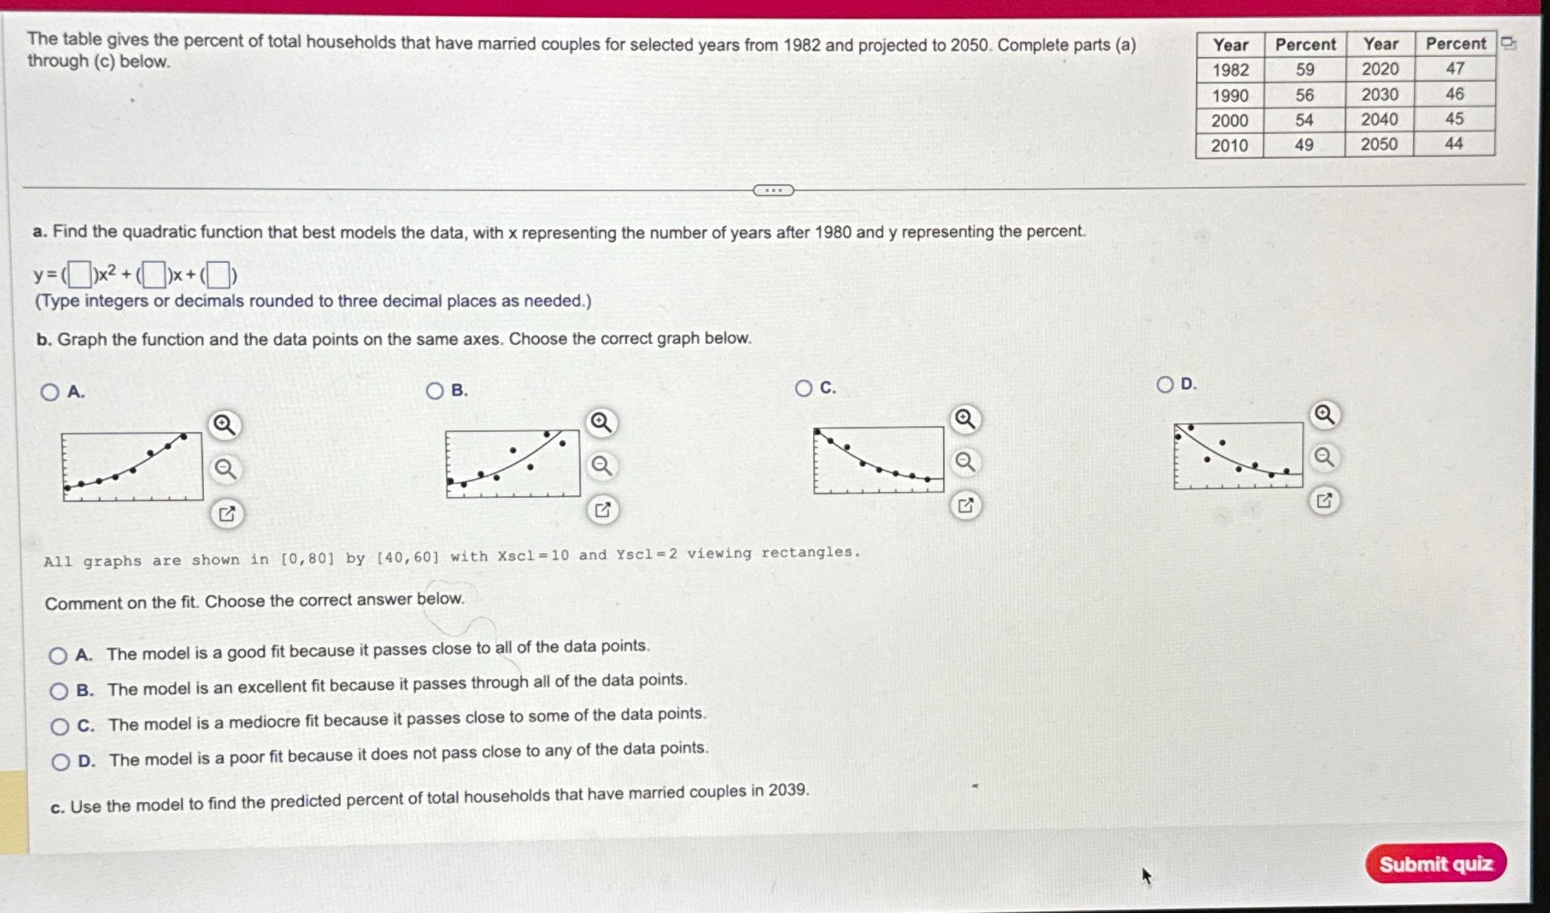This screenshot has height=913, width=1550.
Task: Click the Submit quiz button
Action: tap(1435, 863)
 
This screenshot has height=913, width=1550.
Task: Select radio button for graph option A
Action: tap(49, 392)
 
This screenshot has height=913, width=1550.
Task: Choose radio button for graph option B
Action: tap(434, 391)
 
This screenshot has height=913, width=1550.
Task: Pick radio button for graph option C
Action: tap(803, 388)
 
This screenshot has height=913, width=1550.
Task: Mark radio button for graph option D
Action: tap(1164, 384)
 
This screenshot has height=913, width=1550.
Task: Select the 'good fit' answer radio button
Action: tap(58, 655)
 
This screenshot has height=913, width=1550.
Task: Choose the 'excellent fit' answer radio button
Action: tap(59, 690)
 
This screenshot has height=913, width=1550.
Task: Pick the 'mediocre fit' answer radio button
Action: tap(60, 726)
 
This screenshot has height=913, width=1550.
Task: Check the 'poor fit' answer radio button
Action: tap(60, 761)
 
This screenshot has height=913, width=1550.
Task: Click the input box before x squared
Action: tap(80, 275)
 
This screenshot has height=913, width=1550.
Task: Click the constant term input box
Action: tap(218, 275)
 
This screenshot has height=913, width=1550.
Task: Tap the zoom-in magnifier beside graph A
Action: tap(224, 425)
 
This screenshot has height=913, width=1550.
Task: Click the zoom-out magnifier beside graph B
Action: tap(602, 466)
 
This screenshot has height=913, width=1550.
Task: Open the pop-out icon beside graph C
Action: tap(965, 506)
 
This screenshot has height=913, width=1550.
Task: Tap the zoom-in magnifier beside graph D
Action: tap(1325, 414)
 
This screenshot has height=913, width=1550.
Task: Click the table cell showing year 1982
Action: tap(1230, 70)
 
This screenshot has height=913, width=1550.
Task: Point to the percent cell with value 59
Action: tap(1305, 69)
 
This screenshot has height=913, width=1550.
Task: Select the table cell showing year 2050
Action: tap(1379, 144)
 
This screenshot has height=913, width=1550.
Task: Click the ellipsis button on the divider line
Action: tap(773, 190)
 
